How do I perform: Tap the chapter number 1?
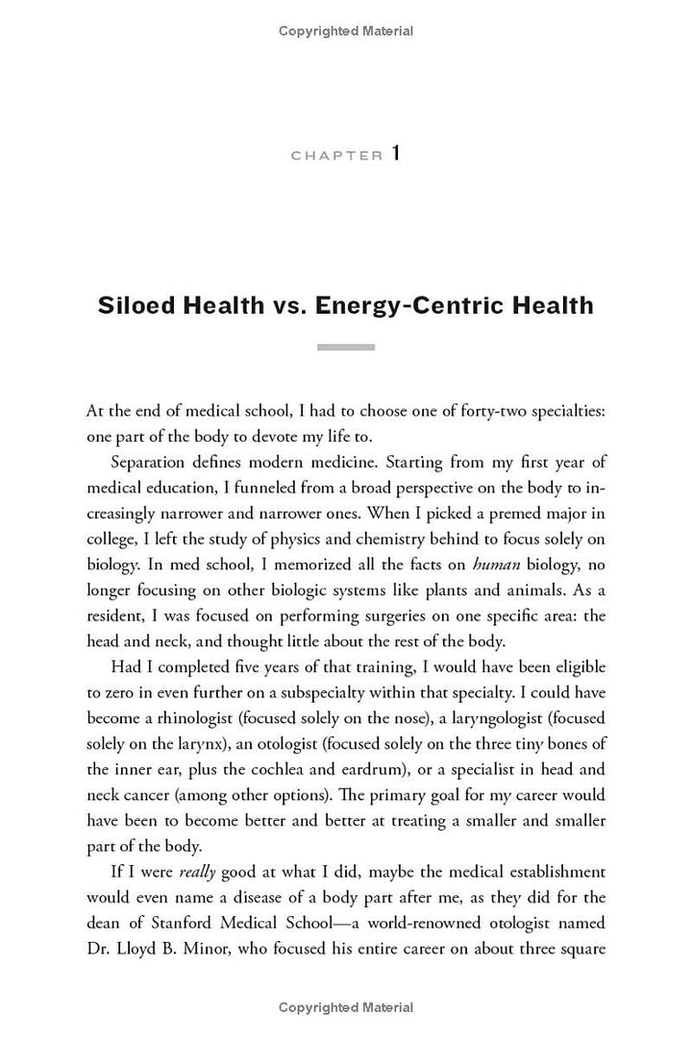[395, 154]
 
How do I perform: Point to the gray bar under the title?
[346, 347]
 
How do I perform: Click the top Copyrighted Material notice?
[346, 31]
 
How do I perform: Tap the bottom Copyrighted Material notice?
[346, 1007]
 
